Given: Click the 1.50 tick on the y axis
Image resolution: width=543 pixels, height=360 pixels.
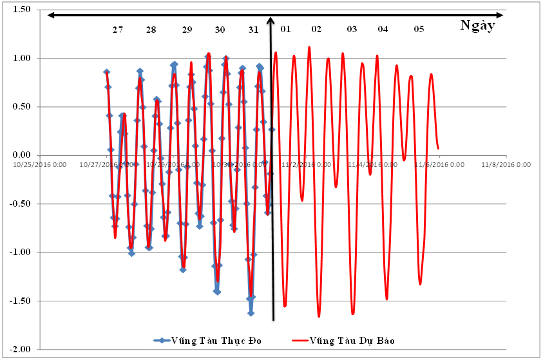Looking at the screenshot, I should (x=21, y=10).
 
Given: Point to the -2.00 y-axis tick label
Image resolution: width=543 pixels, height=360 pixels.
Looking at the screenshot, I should (x=20, y=349).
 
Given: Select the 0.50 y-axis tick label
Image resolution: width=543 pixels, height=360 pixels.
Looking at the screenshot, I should (x=21, y=107).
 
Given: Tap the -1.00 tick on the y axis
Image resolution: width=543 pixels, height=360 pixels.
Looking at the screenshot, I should (x=20, y=252).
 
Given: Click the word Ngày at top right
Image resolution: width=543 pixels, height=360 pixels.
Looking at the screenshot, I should (x=478, y=25).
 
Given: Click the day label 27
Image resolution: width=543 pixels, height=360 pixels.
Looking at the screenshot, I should (x=117, y=30).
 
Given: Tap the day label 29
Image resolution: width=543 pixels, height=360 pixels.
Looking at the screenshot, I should (x=187, y=30).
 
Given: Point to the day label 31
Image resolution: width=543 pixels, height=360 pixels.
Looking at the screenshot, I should (x=253, y=30).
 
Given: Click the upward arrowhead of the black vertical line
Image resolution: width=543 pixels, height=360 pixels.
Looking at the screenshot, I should (x=271, y=20).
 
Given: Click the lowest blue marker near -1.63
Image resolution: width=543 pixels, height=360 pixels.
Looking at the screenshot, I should (x=251, y=313).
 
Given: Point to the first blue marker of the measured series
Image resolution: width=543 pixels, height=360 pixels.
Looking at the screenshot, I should (x=106, y=72).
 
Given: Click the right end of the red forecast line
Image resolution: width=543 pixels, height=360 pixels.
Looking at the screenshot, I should (x=439, y=149).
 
